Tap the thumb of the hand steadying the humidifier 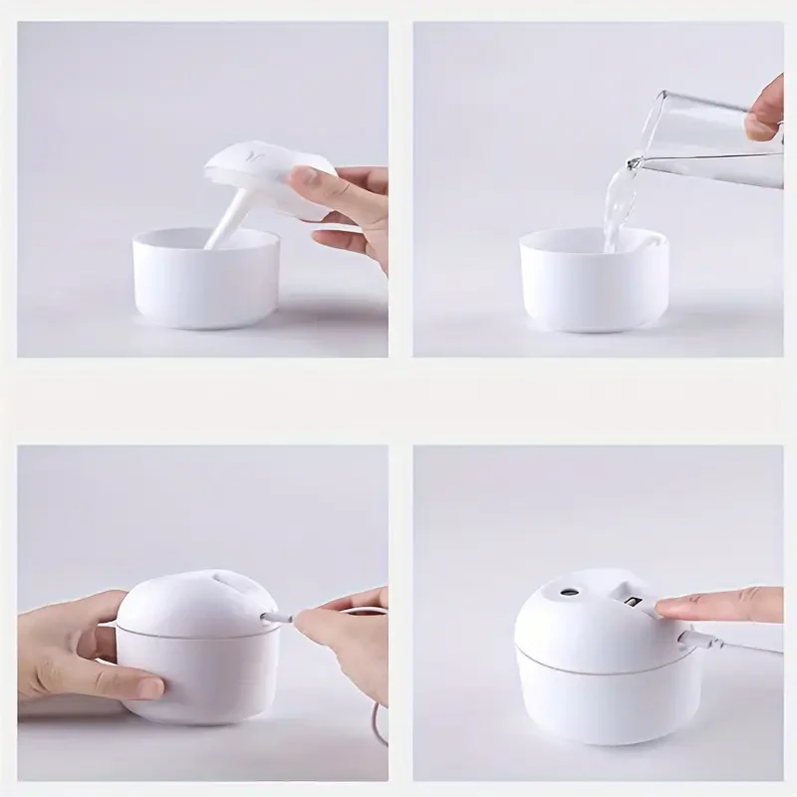point(130,685)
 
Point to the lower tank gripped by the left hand point(199,677)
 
